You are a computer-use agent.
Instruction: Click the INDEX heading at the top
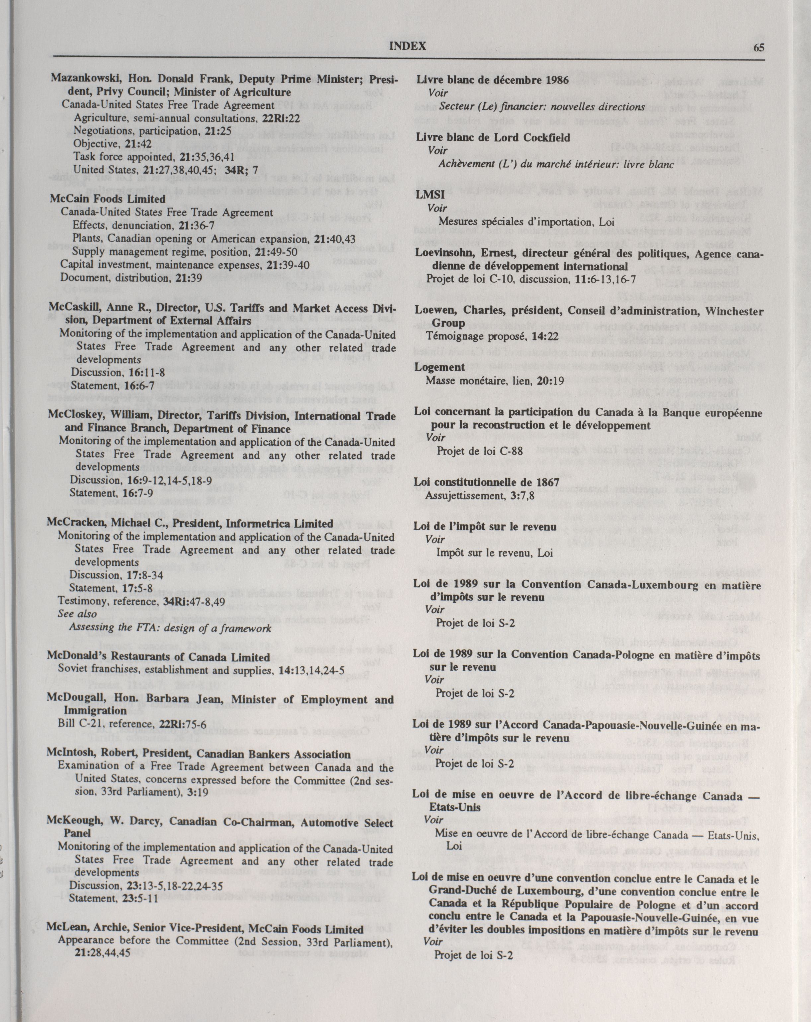(407, 46)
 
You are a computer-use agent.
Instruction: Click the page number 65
(758, 47)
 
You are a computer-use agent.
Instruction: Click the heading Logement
(440, 367)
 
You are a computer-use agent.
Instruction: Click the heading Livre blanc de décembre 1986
(492, 80)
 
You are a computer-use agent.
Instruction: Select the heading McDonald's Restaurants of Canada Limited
(158, 657)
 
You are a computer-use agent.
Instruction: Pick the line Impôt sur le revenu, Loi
(494, 553)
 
